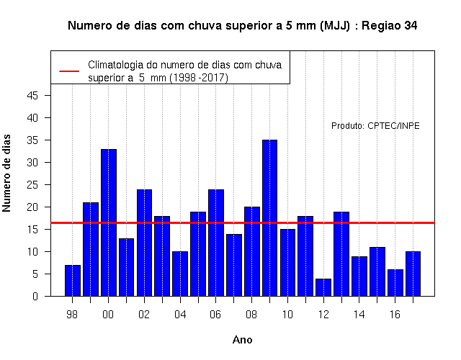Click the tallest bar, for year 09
coord(269,218)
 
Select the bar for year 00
coord(109,222)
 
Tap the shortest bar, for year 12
coord(323,287)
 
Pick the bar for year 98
coord(73,281)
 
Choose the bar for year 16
coord(395,283)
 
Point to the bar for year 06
coord(216,243)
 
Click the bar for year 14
coord(359,276)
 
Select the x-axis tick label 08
coord(251,315)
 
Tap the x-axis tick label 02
coord(144,315)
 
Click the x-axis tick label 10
coord(287,315)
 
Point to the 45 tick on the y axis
coord(32,96)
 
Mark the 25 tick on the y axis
coord(32,185)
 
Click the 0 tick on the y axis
coord(35,296)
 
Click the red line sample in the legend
coord(69,71)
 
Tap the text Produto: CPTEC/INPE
coord(375,126)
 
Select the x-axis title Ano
coord(243,340)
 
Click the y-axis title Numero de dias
coord(6,173)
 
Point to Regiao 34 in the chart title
coord(389,26)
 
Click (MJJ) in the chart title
coord(335,26)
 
